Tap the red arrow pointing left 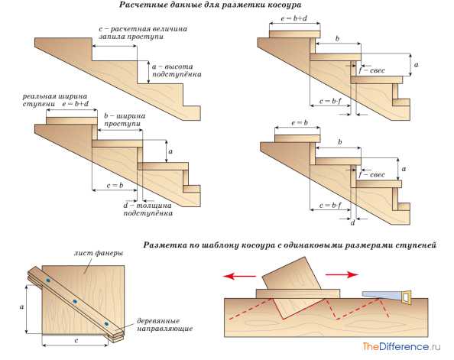point(239,276)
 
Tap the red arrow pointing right point(342,274)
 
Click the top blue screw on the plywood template point(48,281)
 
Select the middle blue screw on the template point(75,301)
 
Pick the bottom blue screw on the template point(106,324)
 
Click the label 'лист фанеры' point(99,254)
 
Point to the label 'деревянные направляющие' point(164,325)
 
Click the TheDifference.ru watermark point(401,346)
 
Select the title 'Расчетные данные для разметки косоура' point(210,5)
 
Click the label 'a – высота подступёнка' point(177,70)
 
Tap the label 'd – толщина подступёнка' point(148,209)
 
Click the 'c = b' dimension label point(115,186)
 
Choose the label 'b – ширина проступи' point(125,119)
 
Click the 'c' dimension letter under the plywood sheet point(76,340)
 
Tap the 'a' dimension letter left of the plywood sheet point(21,307)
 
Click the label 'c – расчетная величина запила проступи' point(143,33)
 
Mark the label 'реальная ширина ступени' point(55,100)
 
